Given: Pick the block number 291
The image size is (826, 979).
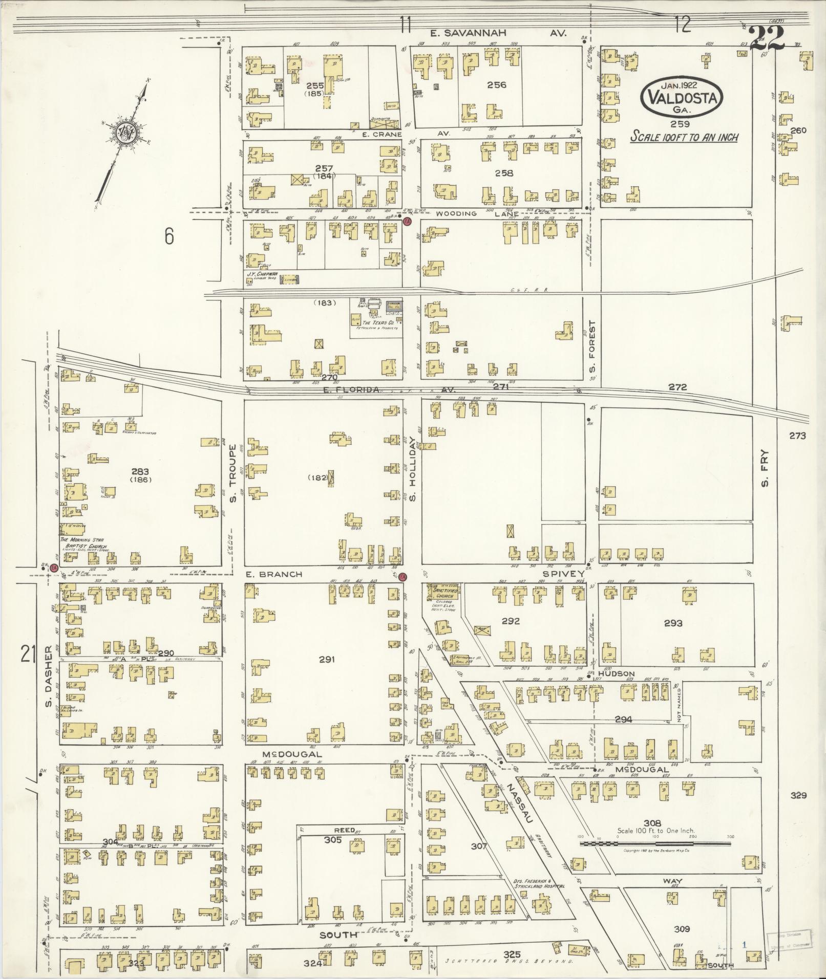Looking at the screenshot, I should click(327, 659).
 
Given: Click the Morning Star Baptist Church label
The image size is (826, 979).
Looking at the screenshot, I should click(83, 543).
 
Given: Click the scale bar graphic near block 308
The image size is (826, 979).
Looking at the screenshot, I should click(655, 842).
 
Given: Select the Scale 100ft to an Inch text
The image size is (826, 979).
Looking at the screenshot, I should click(684, 137).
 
